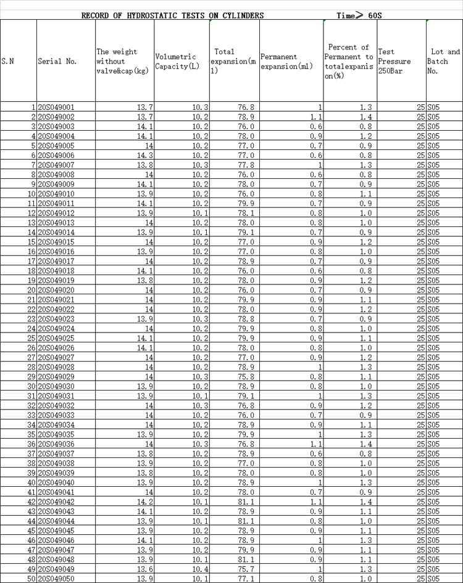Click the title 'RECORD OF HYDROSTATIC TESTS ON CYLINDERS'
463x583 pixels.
[x=173, y=15]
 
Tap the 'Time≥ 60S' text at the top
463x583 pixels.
[x=359, y=15]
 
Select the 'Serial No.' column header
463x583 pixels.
[x=57, y=62]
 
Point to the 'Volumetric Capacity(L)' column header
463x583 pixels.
[x=177, y=62]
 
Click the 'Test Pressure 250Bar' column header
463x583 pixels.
[x=394, y=57]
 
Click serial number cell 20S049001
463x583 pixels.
[x=56, y=107]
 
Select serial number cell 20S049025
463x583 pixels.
[x=56, y=339]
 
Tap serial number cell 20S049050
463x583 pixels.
[x=56, y=579]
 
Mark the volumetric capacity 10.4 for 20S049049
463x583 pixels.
[x=199, y=569]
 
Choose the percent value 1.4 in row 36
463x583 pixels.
[x=365, y=444]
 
